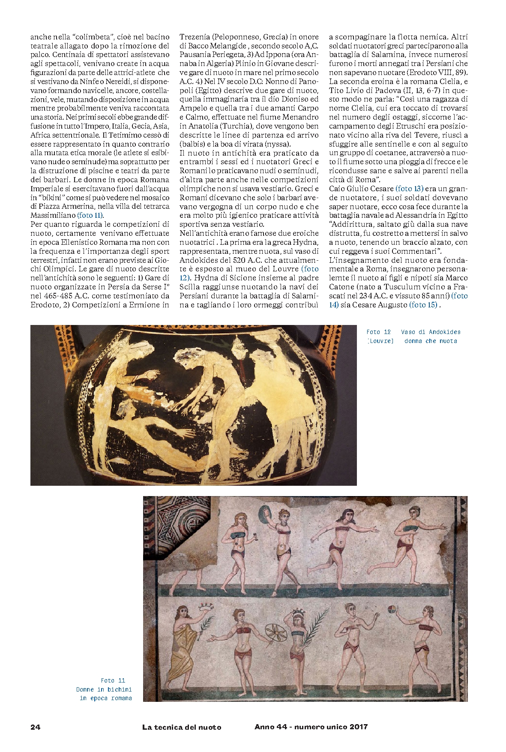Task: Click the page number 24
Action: pos(35,727)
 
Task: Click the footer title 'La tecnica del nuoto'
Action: pos(182,727)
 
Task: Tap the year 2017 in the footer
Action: pos(359,726)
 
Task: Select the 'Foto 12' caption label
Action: pos(378,332)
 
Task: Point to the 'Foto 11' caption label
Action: pos(113,680)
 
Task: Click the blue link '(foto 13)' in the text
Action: pos(409,189)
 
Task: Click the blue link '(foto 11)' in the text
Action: pos(90,215)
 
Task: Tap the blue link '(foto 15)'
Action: pos(423,304)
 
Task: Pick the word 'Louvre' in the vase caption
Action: pos(380,341)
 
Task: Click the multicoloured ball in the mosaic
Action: pos(392,609)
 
